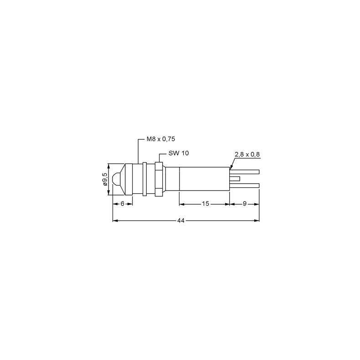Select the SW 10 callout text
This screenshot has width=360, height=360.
pos(178,153)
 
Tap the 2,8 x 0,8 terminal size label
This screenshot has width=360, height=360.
pos(247,154)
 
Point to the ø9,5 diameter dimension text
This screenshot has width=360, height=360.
pos(105,179)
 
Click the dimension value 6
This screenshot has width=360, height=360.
pos(123,204)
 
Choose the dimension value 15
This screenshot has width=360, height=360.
pos(205,204)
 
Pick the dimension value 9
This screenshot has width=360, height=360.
pos(245,204)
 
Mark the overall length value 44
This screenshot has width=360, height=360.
pos(181,221)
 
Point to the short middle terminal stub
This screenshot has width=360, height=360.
pos(235,179)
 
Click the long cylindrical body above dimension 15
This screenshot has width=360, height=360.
pos(204,179)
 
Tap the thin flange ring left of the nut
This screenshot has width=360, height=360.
pos(144,179)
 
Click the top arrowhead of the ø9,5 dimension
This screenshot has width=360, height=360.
pos(108,165)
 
